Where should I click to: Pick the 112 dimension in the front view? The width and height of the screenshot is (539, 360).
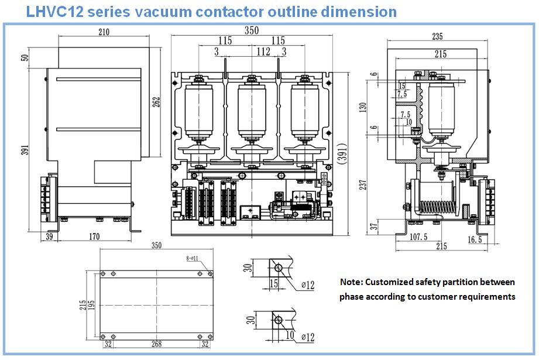tap(263, 52)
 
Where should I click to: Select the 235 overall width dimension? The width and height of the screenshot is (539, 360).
tap(437, 36)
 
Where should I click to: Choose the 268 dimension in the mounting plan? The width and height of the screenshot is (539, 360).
tap(157, 344)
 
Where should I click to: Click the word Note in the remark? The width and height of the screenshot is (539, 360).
tap(351, 282)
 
